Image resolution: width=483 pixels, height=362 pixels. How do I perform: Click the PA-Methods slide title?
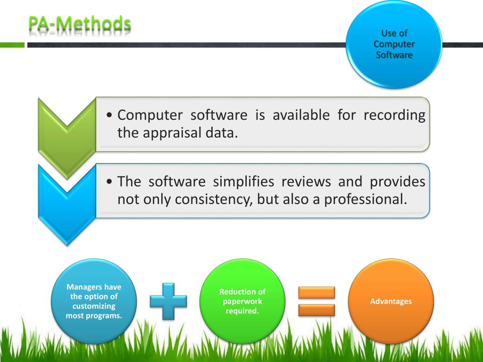(79, 23)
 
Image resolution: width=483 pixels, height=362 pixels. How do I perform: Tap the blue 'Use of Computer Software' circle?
(394, 44)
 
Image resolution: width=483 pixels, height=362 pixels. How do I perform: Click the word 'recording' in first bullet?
(394, 115)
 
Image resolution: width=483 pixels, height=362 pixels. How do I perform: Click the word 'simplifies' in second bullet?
(243, 181)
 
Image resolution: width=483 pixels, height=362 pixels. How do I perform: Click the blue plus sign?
(168, 301)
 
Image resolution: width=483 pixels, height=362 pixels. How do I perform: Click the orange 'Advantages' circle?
(391, 301)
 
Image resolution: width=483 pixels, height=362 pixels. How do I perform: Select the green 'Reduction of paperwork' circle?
(242, 301)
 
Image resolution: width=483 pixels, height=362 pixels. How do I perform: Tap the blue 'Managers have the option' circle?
(94, 301)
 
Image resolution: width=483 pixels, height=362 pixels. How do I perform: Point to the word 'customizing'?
(94, 306)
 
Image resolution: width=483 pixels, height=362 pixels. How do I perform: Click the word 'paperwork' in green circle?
(242, 301)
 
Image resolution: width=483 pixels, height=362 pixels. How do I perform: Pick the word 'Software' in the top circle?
(394, 55)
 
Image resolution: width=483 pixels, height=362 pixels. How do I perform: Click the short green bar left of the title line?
(12, 45)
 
